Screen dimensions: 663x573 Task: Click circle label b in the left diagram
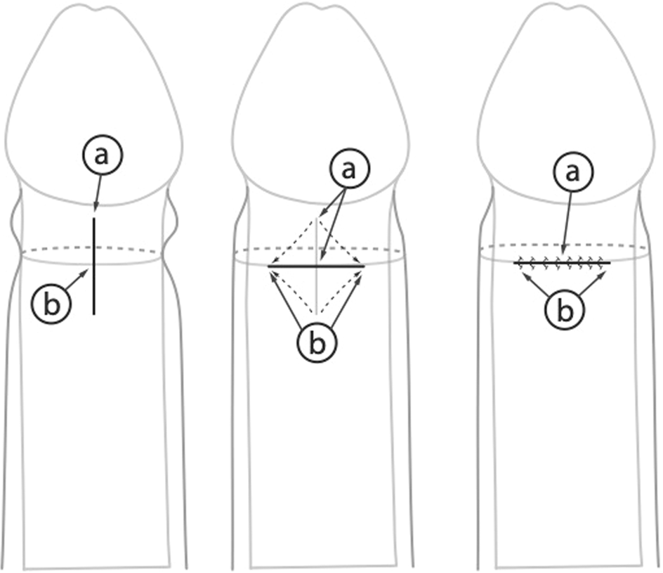pyautogui.click(x=51, y=304)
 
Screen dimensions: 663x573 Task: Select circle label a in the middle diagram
pyautogui.click(x=349, y=169)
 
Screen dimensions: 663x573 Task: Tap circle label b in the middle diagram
pyautogui.click(x=317, y=343)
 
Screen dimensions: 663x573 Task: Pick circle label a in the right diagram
pyautogui.click(x=572, y=172)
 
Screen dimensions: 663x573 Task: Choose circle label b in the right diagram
pyautogui.click(x=565, y=311)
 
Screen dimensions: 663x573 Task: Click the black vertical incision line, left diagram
pyautogui.click(x=94, y=266)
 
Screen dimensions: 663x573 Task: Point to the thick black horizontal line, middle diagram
pyautogui.click(x=316, y=266)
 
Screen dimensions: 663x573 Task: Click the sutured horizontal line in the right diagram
pyautogui.click(x=562, y=263)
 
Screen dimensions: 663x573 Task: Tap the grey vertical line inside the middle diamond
pyautogui.click(x=317, y=266)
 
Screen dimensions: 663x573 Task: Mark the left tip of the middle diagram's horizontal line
pyautogui.click(x=268, y=266)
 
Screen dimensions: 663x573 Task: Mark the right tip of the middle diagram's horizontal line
pyautogui.click(x=364, y=266)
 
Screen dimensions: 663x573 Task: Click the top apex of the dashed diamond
pyautogui.click(x=317, y=219)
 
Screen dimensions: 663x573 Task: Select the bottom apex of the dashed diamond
pyautogui.click(x=317, y=314)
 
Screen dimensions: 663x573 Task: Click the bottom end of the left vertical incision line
pyautogui.click(x=94, y=314)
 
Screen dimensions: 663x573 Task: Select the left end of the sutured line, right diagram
pyautogui.click(x=514, y=263)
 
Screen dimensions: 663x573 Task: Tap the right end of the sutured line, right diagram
pyautogui.click(x=610, y=263)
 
